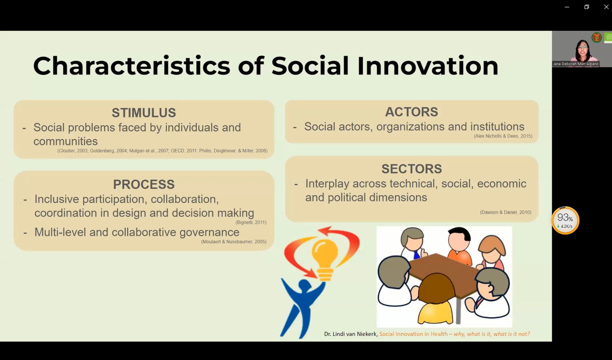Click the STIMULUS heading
[x=143, y=112]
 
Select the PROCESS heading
[x=143, y=184]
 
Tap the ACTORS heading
[x=411, y=112]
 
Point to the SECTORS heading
[x=411, y=168]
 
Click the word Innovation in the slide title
[x=427, y=66]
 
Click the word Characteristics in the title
[x=131, y=66]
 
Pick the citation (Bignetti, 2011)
[x=250, y=222]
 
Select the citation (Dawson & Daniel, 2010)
[x=505, y=212]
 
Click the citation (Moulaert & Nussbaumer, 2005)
[x=233, y=242]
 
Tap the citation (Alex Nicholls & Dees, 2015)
[x=502, y=136]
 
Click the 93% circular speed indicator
[x=565, y=220]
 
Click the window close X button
[x=606, y=6]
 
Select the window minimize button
[x=567, y=6]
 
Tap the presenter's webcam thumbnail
[x=582, y=49]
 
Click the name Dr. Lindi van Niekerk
[x=350, y=334]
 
